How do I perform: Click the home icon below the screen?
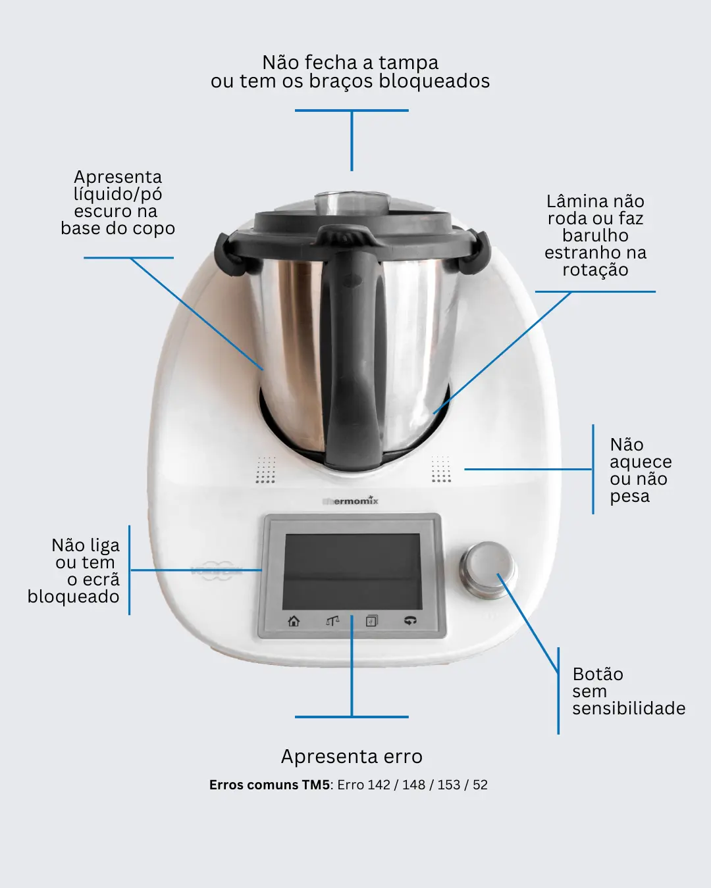(x=294, y=621)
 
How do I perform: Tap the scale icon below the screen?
(x=332, y=621)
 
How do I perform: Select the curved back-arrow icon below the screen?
(x=410, y=620)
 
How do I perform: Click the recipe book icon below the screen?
(x=372, y=621)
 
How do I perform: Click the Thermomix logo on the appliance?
(x=350, y=501)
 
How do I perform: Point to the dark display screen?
(x=352, y=572)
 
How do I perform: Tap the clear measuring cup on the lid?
(x=352, y=203)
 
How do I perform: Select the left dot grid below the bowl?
(x=265, y=469)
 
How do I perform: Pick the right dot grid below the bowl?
(x=441, y=469)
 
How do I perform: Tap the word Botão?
(x=598, y=674)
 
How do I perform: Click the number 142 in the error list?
(x=379, y=785)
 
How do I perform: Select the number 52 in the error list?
(x=480, y=785)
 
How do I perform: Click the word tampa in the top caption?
(x=408, y=63)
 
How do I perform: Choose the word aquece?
(x=641, y=462)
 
